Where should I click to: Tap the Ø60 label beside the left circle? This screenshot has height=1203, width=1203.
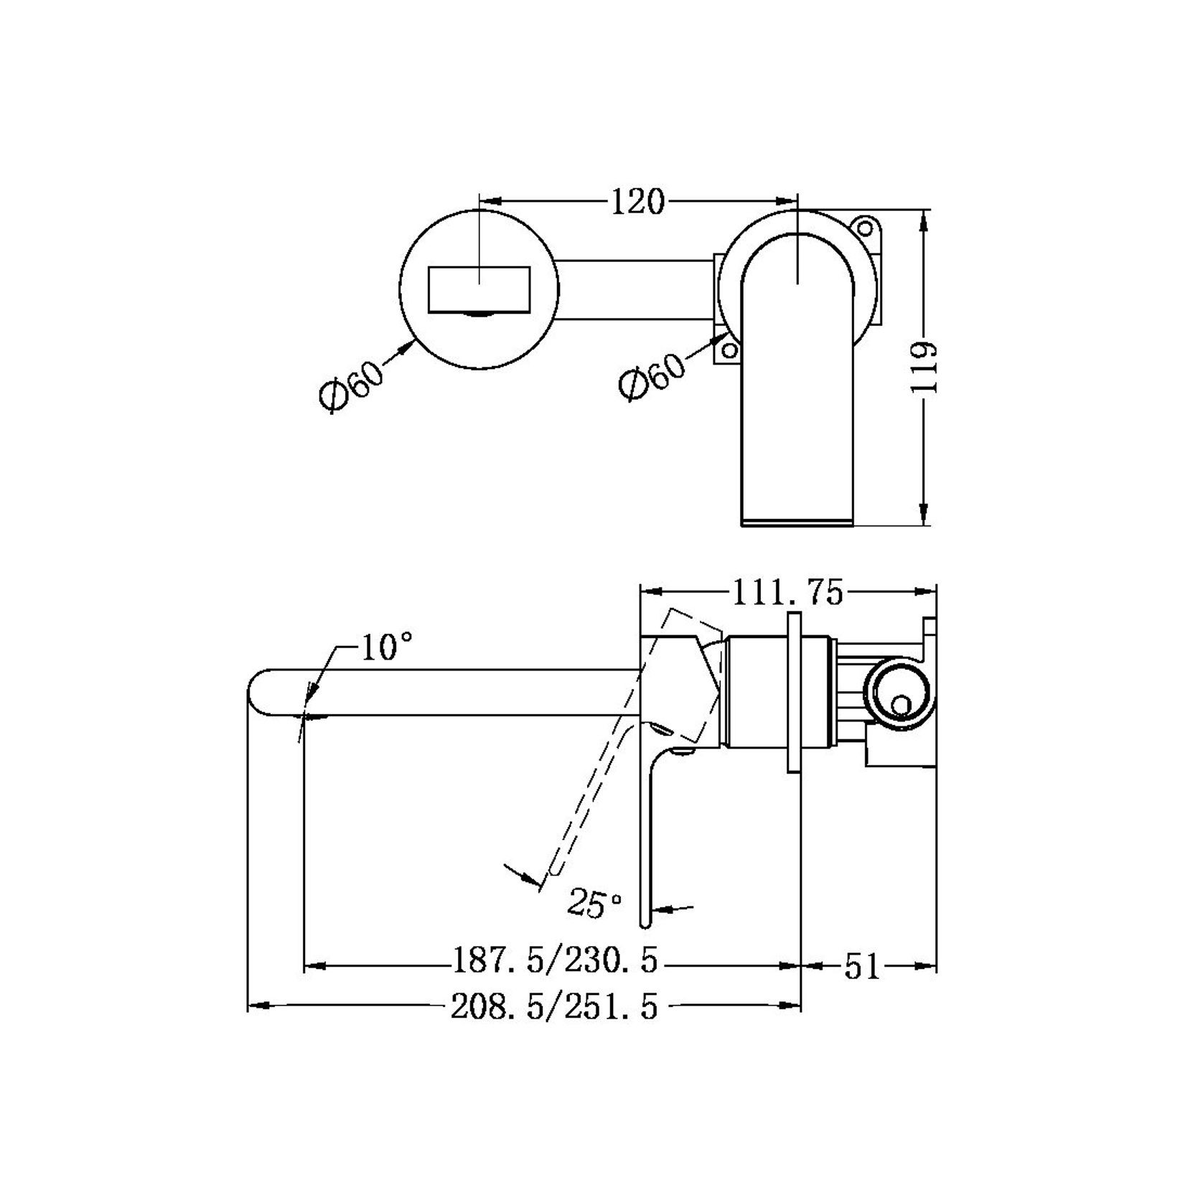point(352,383)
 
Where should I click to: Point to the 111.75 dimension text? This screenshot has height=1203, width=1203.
point(787,593)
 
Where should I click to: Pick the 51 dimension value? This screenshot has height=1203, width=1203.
point(861,966)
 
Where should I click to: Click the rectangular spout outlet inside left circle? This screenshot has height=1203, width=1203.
point(479,289)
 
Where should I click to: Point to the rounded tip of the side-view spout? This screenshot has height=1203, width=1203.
point(256,693)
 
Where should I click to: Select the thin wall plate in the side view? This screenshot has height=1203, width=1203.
point(794,693)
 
